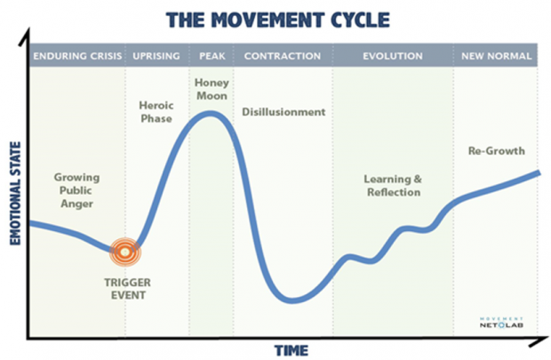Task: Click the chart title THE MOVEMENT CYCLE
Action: click(x=277, y=20)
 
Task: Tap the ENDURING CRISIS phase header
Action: click(x=77, y=56)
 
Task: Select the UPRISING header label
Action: click(x=156, y=56)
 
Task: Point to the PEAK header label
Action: click(x=212, y=56)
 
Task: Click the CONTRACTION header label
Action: click(x=283, y=56)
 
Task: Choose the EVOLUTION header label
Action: click(x=393, y=56)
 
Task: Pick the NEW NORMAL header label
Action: click(x=496, y=56)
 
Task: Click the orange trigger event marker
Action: click(x=124, y=252)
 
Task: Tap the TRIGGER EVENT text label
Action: click(x=128, y=289)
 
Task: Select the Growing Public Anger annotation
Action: click(x=76, y=190)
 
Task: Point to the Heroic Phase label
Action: click(x=156, y=112)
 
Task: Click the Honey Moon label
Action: click(x=212, y=89)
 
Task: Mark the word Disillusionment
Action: click(x=283, y=112)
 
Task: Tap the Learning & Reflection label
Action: click(x=393, y=186)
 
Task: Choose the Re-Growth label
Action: click(x=497, y=151)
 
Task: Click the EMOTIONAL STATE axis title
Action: click(x=15, y=193)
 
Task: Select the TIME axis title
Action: click(x=291, y=350)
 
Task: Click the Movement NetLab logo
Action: click(x=501, y=323)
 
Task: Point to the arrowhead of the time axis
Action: click(x=540, y=341)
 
